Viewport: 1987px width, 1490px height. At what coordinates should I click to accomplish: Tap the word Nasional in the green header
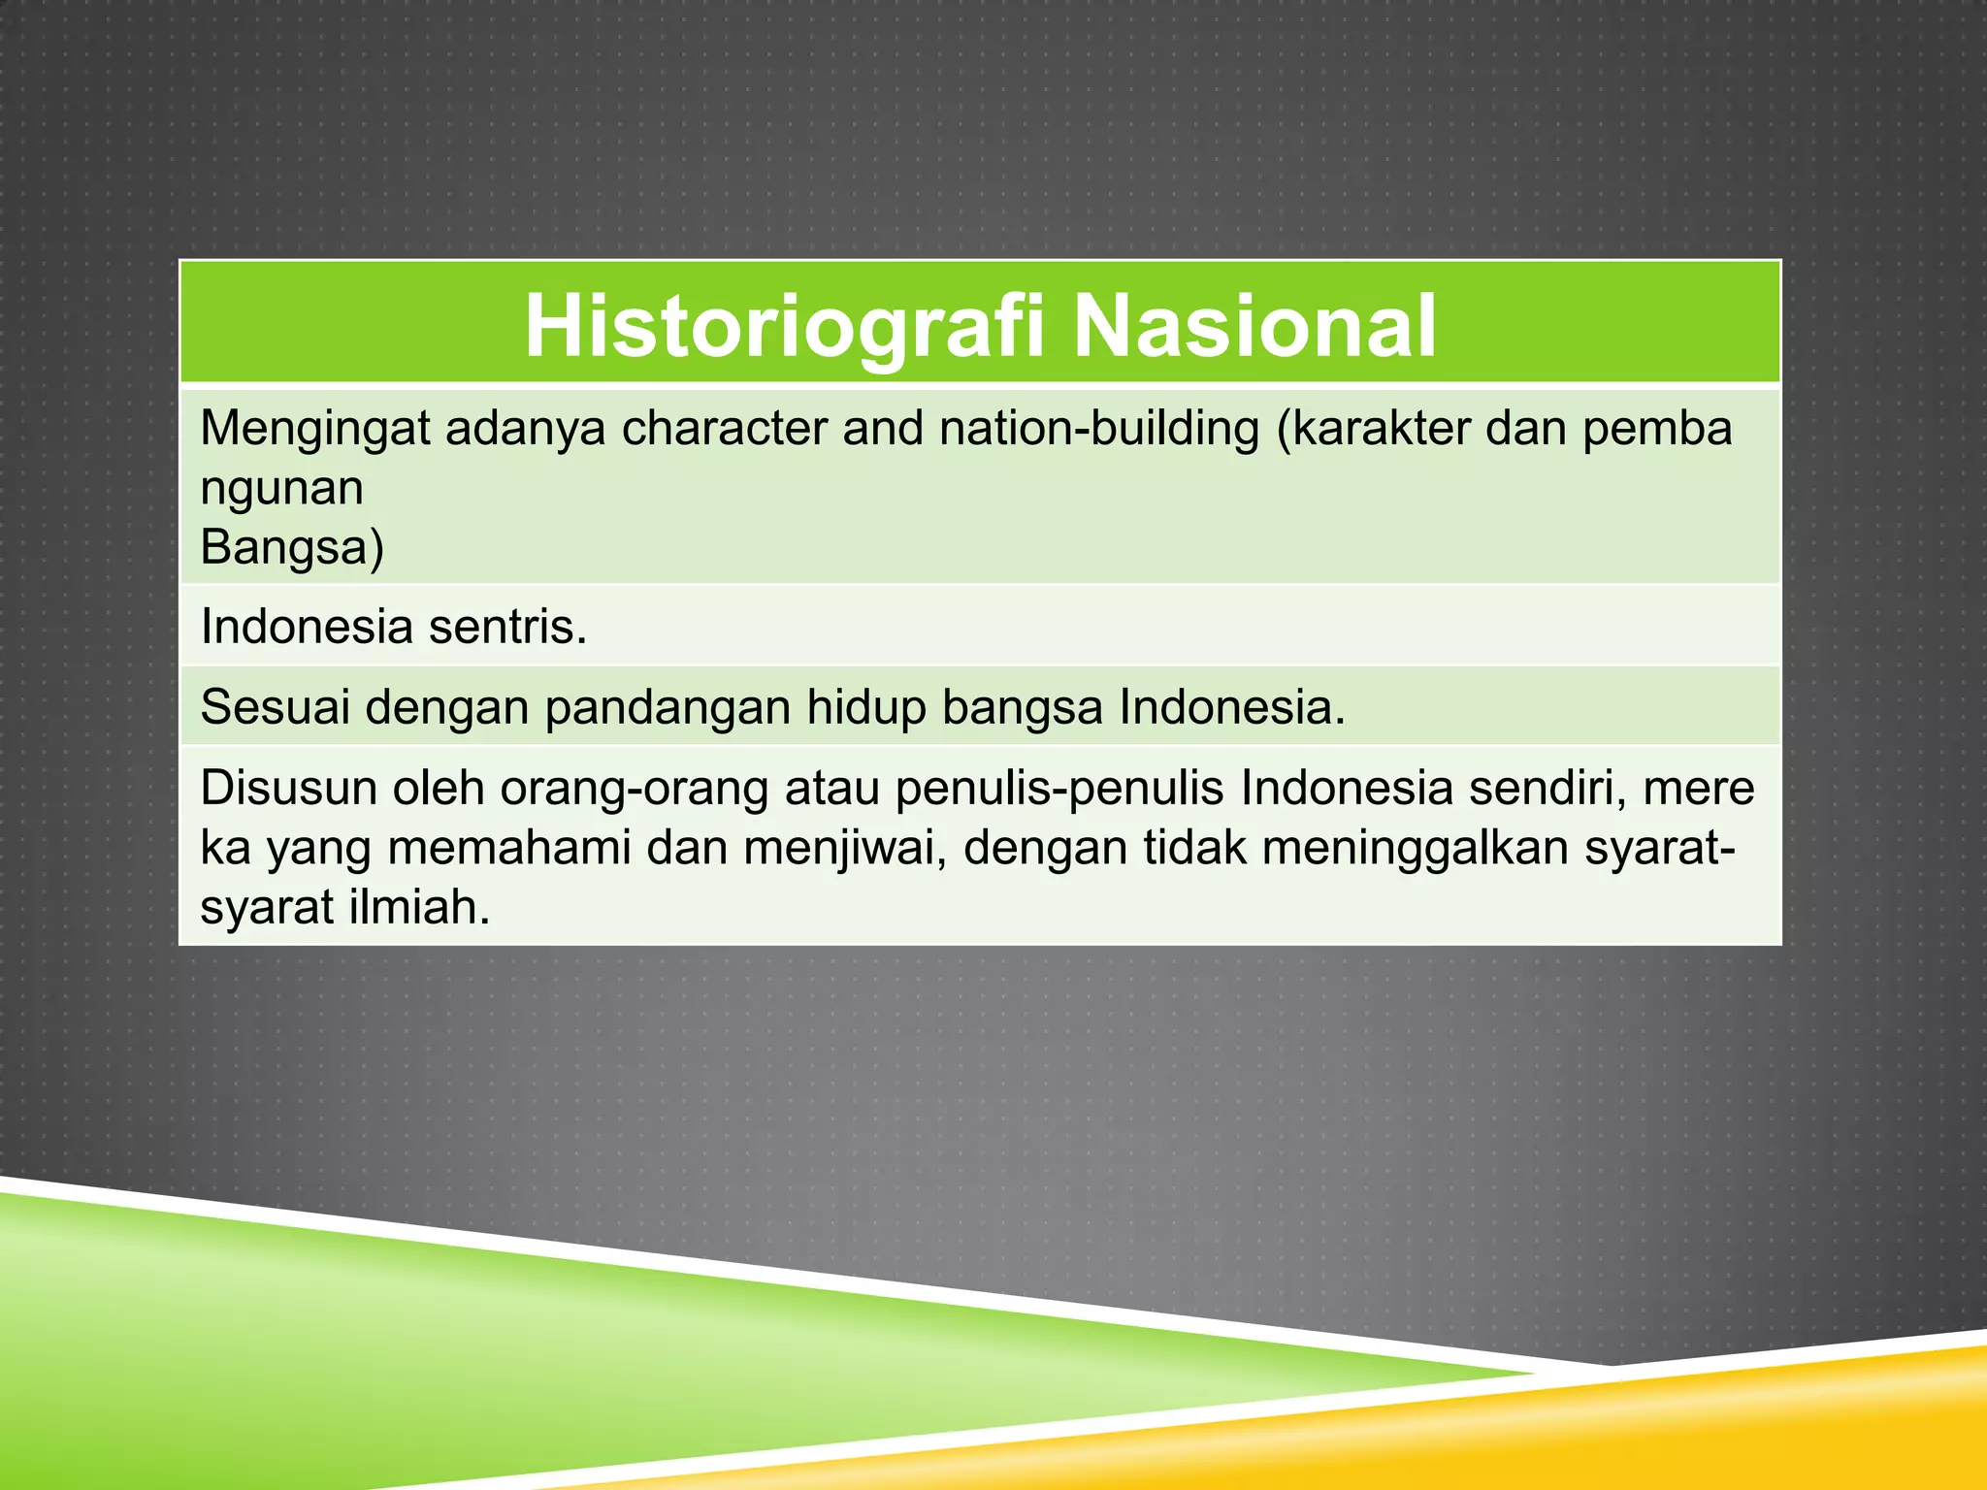point(1254,327)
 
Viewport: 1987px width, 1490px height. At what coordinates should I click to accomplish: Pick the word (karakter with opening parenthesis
point(1373,429)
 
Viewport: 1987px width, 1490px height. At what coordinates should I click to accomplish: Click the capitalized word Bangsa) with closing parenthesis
point(292,548)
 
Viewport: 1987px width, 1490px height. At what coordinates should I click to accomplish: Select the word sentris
point(508,628)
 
